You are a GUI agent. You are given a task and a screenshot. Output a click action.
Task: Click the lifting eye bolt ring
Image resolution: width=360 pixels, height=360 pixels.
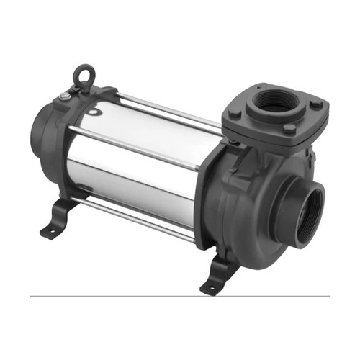click(84, 73)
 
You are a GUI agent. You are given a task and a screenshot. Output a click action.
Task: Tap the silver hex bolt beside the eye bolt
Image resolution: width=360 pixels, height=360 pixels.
click(66, 95)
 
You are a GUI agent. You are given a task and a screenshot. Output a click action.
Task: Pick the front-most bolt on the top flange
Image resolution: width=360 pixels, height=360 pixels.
click(289, 130)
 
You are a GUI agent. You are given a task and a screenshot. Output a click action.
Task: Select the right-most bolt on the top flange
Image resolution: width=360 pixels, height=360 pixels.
click(315, 105)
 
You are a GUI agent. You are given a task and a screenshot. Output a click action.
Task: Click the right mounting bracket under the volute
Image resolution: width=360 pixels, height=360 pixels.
click(220, 274)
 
